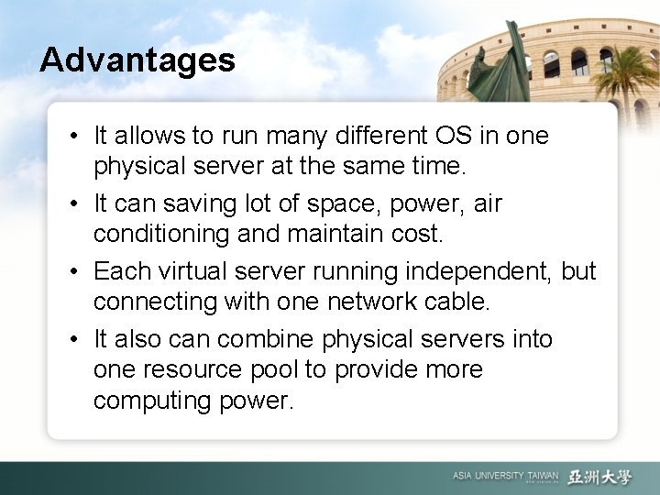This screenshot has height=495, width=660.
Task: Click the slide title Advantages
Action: tap(137, 60)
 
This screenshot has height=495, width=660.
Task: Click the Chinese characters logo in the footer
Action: tap(599, 476)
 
